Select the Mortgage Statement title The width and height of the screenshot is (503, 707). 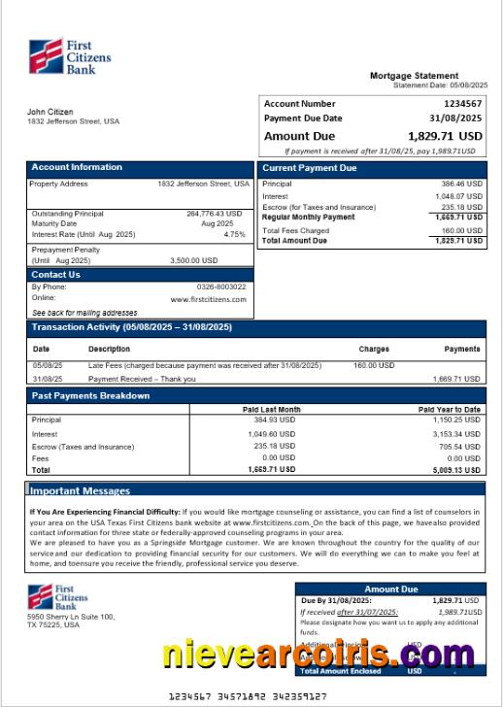click(x=414, y=76)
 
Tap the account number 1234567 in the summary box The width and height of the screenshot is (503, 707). click(x=462, y=103)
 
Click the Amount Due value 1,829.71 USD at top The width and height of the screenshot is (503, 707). click(x=445, y=136)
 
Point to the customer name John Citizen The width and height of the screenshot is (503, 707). click(x=50, y=112)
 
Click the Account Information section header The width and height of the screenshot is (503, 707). click(x=77, y=167)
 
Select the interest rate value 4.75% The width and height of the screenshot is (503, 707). click(x=234, y=234)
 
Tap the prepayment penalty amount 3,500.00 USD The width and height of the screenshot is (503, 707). click(x=193, y=260)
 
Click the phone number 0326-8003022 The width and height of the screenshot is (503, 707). click(x=220, y=286)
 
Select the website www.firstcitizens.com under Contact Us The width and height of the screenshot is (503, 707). click(x=208, y=299)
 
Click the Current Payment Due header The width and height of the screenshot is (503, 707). click(x=310, y=168)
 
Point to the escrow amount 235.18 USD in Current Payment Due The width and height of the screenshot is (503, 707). click(x=461, y=207)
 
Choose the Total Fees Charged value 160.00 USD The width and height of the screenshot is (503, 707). click(x=461, y=230)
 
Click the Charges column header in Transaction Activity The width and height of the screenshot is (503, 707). click(x=374, y=349)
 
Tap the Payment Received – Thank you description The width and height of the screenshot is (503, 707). click(x=142, y=379)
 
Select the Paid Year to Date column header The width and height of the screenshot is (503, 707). click(x=449, y=410)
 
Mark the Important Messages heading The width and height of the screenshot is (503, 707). click(x=80, y=490)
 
